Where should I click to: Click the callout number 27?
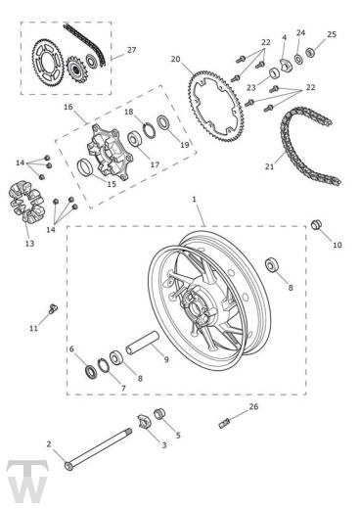(131, 50)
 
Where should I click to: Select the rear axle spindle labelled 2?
(99, 449)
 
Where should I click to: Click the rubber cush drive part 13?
(26, 203)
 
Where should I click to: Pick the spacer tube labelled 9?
(143, 343)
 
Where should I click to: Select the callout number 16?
(68, 107)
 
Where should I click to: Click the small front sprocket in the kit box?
(77, 69)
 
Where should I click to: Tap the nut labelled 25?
(310, 52)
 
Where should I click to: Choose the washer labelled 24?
(298, 59)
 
